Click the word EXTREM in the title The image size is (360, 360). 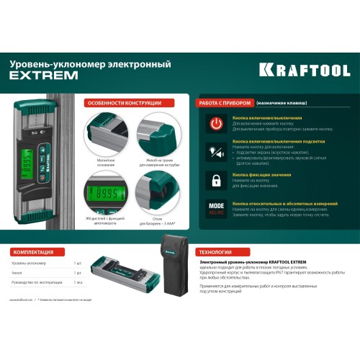coord(34,75)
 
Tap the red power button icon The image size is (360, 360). coord(215,123)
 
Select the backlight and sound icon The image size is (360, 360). coord(215,151)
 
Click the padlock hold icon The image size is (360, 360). coord(215,179)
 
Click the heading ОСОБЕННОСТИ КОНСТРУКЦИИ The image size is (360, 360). coord(120,103)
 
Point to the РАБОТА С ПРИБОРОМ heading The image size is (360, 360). coord(225,103)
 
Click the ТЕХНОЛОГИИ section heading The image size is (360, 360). coord(218,253)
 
